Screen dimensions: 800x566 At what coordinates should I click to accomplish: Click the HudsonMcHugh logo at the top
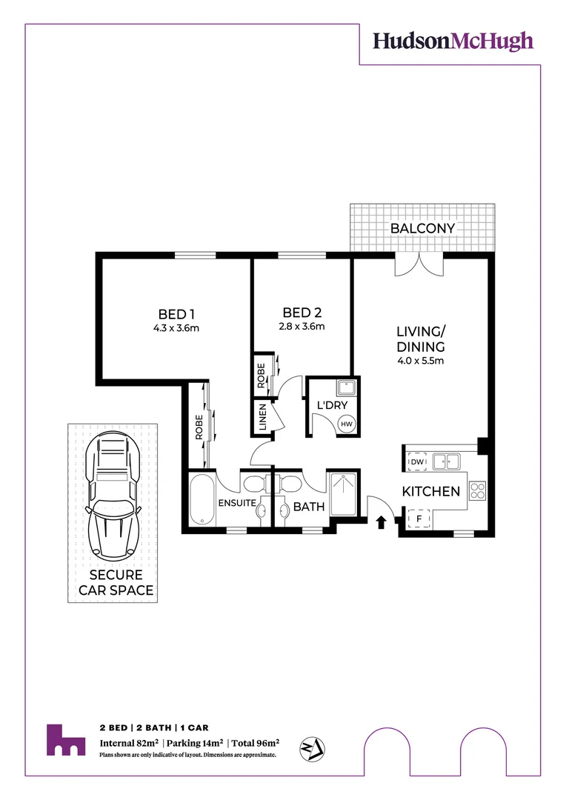click(453, 41)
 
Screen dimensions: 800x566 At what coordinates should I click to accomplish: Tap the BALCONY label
click(422, 228)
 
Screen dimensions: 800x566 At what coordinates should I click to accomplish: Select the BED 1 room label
click(176, 313)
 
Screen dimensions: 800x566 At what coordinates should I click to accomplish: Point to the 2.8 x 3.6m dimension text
click(301, 326)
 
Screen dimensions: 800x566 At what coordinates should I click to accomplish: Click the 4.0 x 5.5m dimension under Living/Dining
click(419, 361)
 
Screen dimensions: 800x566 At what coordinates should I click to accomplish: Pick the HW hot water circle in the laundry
click(346, 424)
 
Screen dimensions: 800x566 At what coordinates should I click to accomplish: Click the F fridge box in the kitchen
click(417, 519)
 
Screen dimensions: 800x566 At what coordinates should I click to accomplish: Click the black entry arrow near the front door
click(381, 523)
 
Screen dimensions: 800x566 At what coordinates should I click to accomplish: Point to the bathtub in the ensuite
click(202, 500)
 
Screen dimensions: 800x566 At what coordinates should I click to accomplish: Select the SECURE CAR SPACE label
click(121, 583)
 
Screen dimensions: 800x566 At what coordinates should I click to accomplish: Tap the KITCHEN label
click(431, 491)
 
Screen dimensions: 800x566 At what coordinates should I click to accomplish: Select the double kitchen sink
click(447, 461)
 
